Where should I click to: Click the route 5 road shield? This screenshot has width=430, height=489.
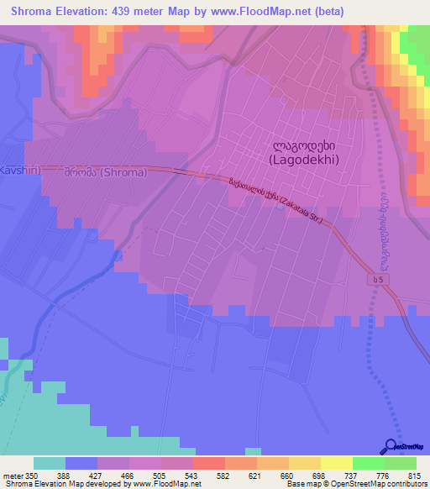382,276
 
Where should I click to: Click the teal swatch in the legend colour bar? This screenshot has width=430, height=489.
49,463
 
